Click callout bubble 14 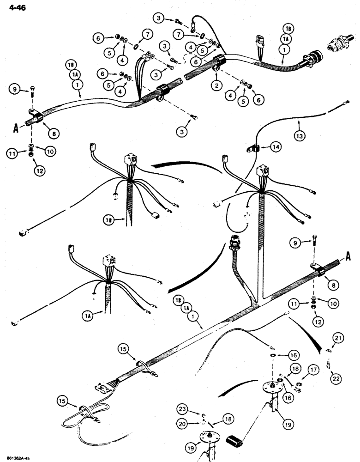coord(276,147)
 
